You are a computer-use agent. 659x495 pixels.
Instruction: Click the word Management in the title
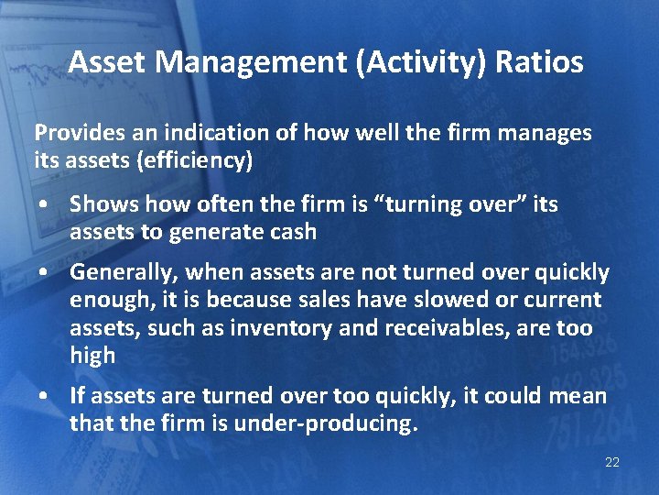pos(233,62)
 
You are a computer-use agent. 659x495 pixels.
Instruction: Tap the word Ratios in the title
pos(540,62)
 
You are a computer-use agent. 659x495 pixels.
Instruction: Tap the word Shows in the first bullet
pos(100,203)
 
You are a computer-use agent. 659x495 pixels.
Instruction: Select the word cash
pos(292,232)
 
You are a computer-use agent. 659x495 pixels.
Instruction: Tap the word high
pos(92,356)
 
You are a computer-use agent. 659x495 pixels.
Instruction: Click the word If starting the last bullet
pos(77,396)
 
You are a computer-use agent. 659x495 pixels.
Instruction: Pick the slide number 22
pos(612,462)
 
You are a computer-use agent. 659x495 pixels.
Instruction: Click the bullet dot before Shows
pos(44,204)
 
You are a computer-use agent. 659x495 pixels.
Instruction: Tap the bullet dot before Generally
pos(44,273)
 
